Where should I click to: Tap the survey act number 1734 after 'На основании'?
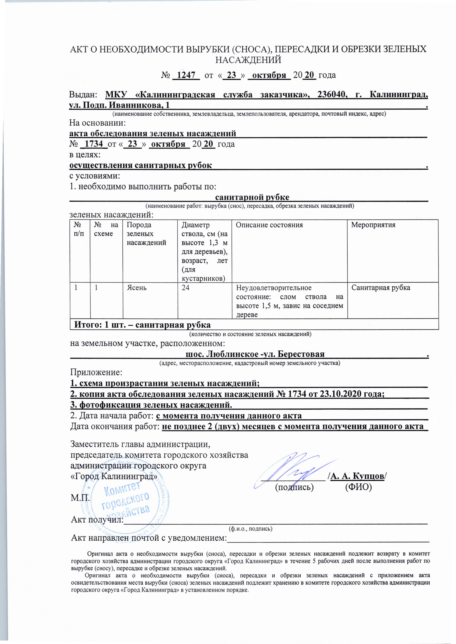point(94,144)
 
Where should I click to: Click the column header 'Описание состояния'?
point(269,225)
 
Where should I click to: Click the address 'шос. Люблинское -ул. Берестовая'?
point(255,354)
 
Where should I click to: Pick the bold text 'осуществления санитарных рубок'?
point(141,165)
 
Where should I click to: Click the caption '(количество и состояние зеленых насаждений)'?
point(250,334)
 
